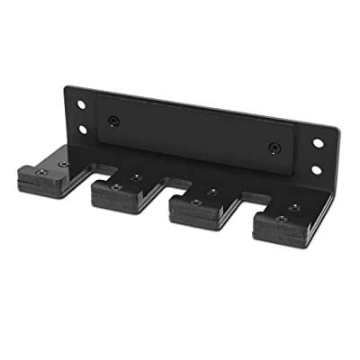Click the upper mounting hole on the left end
[81, 105]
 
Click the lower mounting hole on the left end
[82, 130]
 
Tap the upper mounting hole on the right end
[317, 142]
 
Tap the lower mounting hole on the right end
[316, 168]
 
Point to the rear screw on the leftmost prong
[63, 163]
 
